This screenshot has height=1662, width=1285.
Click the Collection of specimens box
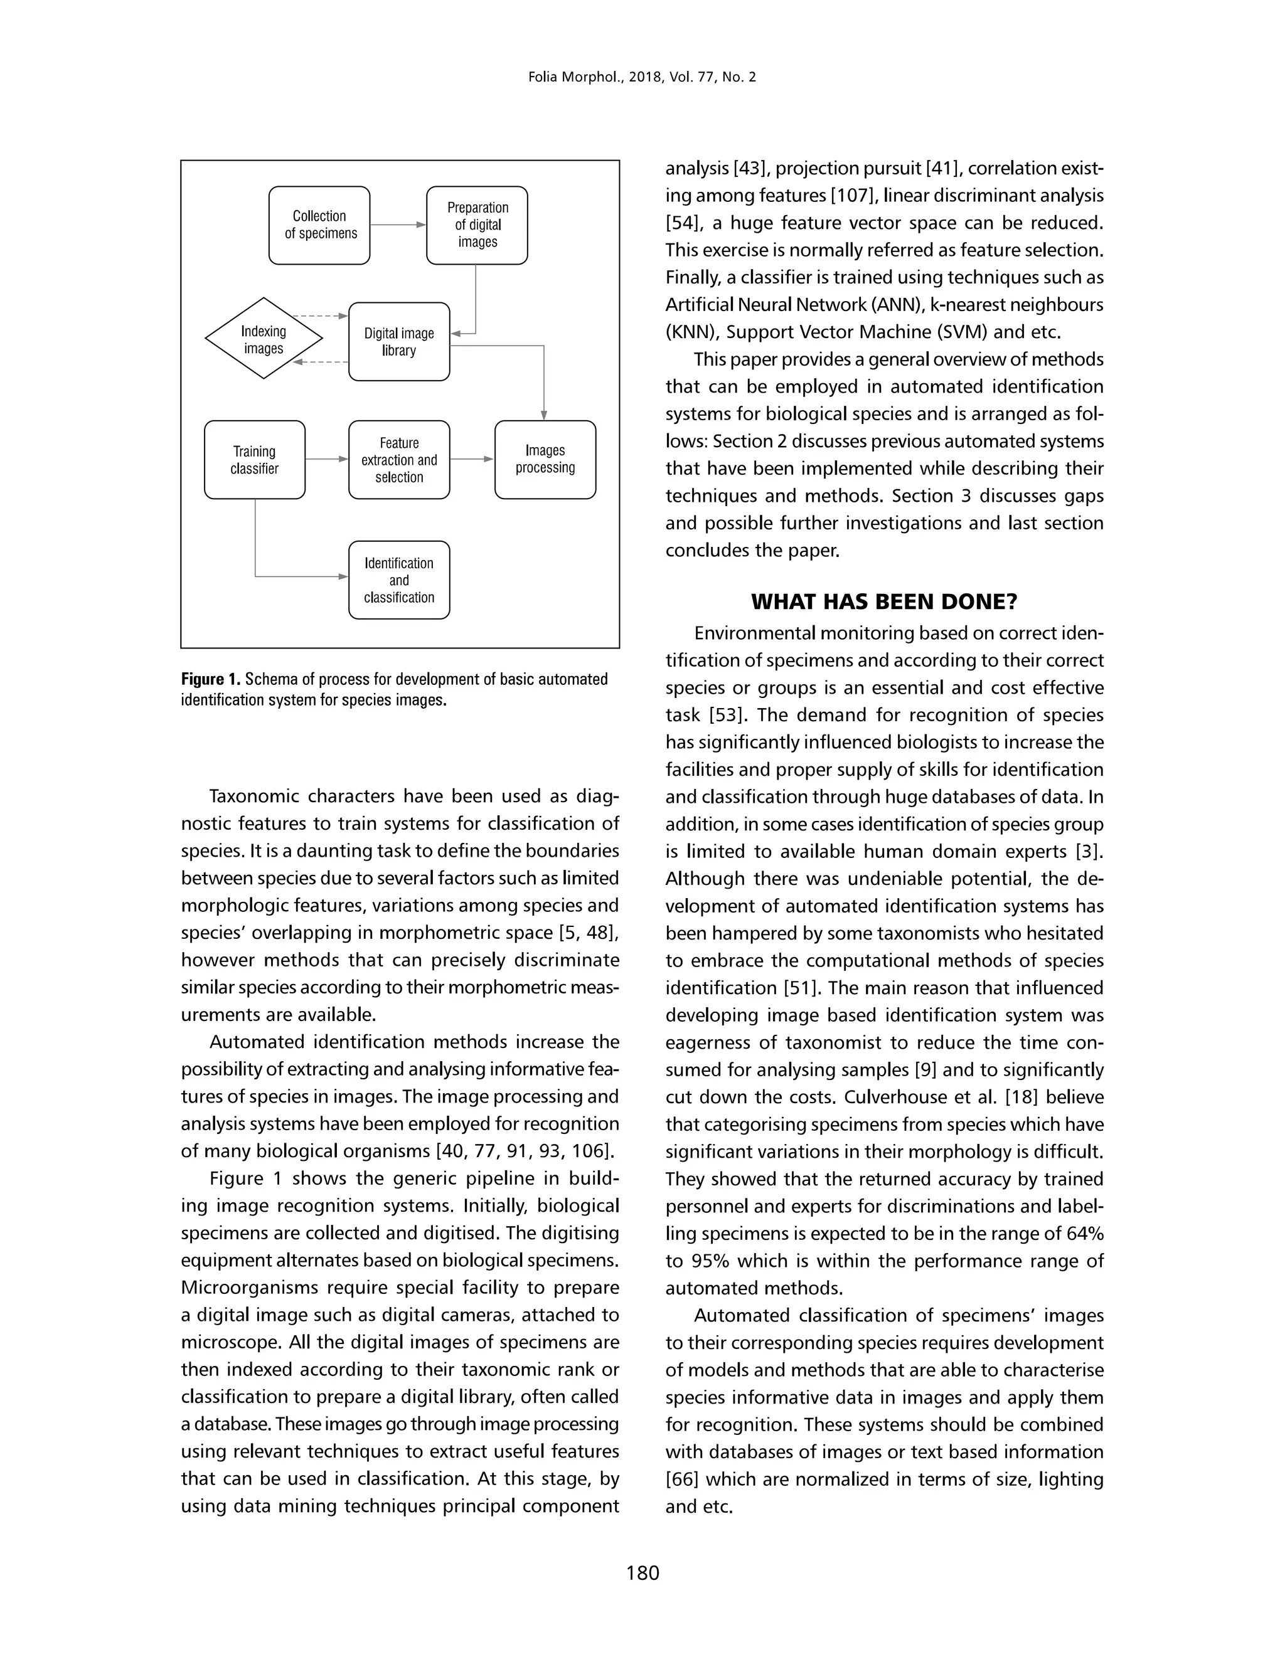coord(319,225)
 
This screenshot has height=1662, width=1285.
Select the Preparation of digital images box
coord(477,225)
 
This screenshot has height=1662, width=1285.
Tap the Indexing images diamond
coord(264,339)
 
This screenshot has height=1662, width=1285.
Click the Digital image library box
coord(399,342)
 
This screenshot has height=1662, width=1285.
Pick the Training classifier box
coord(254,460)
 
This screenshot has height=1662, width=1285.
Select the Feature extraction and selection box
coord(399,460)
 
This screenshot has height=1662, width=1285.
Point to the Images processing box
coord(545,460)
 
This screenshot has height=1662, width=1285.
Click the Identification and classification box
coord(399,580)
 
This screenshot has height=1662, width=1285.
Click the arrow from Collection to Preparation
coord(397,225)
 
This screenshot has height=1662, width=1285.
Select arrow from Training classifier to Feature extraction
coord(326,460)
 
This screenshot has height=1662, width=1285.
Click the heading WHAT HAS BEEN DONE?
coord(884,602)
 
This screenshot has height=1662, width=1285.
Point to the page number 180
coord(642,1573)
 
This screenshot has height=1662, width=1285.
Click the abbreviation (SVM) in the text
coord(964,332)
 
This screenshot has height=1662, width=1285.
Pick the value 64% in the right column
coord(1082,1234)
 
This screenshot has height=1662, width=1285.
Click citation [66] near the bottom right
coord(681,1479)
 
